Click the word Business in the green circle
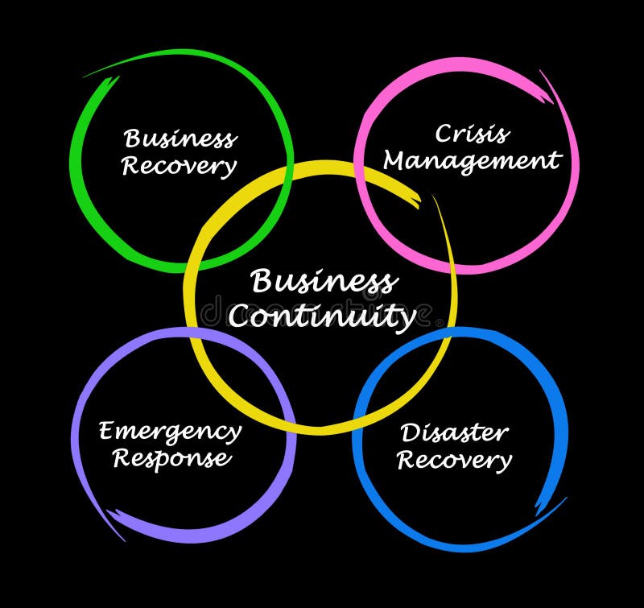[180, 139]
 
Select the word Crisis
[472, 133]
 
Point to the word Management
[471, 160]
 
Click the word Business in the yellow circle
[323, 283]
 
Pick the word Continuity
[321, 316]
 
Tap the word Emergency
[170, 432]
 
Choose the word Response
[171, 458]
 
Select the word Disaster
[454, 432]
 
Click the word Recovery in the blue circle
[454, 460]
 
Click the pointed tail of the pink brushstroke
[542, 72]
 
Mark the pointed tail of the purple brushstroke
[121, 538]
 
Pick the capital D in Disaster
[409, 432]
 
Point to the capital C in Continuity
[238, 315]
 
